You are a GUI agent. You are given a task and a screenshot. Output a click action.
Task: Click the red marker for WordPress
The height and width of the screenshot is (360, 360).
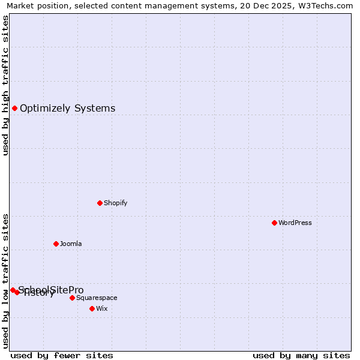274,223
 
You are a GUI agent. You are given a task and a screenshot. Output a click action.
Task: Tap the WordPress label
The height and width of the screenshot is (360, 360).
295,223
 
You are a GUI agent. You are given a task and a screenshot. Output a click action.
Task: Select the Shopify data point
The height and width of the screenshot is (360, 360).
100,203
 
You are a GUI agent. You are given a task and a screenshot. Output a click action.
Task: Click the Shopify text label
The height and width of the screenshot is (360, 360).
116,203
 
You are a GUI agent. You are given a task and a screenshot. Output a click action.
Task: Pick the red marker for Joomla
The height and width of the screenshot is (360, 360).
56,244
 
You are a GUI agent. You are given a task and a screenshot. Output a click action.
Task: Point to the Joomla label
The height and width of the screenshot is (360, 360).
71,244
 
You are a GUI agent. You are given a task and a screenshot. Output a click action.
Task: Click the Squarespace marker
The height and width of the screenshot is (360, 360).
72,298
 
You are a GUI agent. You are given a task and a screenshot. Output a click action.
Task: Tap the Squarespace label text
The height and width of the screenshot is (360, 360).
97,298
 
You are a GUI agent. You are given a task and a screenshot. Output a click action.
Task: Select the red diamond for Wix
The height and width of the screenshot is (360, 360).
92,308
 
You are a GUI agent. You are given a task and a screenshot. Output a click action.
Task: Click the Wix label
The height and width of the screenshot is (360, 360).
101,308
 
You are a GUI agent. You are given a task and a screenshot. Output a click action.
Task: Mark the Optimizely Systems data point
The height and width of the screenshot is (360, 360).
14,108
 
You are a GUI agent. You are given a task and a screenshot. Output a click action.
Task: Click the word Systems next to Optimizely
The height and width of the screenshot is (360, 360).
95,109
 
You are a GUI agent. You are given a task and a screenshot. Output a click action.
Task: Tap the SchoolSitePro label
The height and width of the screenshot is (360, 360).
52,290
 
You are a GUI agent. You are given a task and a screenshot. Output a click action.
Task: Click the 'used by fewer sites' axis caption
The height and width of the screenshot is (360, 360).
62,355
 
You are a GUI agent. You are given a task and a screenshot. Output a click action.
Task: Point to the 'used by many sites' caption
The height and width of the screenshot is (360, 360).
301,355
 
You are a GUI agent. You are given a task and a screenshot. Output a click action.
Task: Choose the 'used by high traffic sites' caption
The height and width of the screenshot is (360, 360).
6,85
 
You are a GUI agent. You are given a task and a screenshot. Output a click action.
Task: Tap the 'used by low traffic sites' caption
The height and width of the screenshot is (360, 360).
6,280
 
